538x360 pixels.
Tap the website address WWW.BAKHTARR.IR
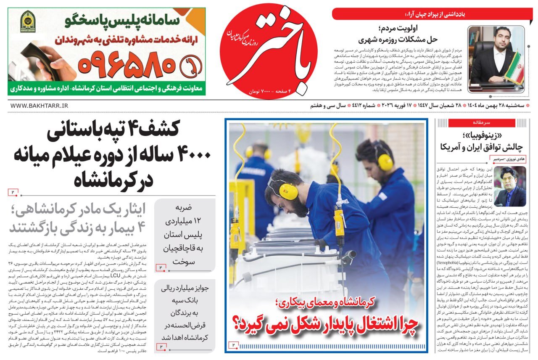click(x=39, y=106)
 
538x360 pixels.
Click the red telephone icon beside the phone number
click(x=190, y=65)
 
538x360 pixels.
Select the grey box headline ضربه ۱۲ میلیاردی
click(x=184, y=234)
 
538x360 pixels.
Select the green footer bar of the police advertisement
click(x=107, y=89)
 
